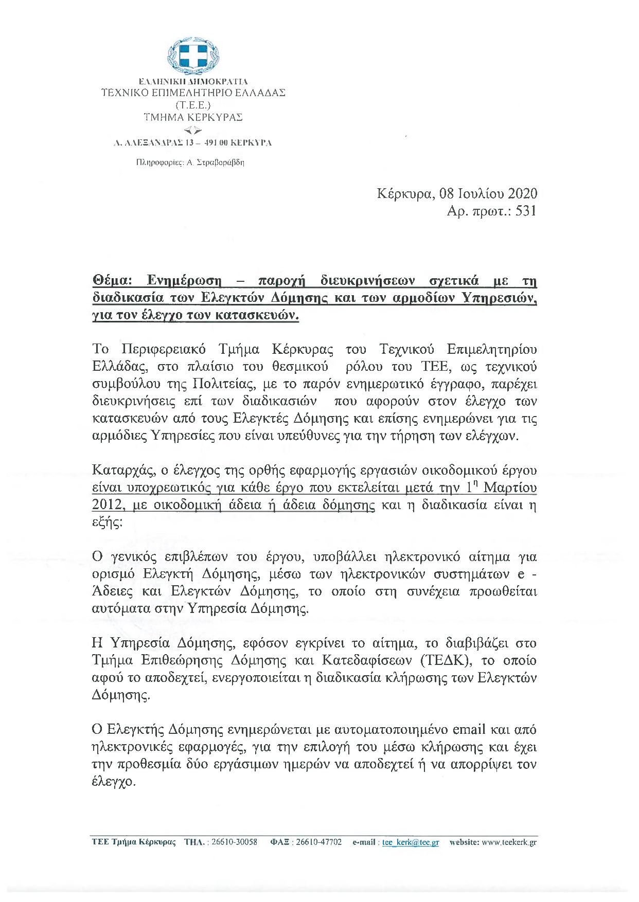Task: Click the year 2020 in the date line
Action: pyautogui.click(x=523, y=193)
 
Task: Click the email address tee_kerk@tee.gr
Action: pyautogui.click(x=411, y=842)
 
